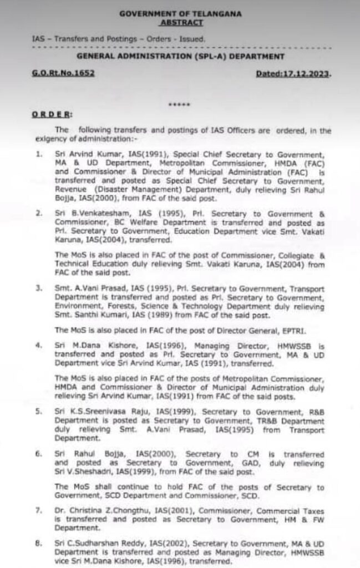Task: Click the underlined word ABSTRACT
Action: pos(180,22)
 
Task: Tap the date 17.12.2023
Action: pos(304,74)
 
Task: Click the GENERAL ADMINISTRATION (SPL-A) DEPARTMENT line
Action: pos(180,57)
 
